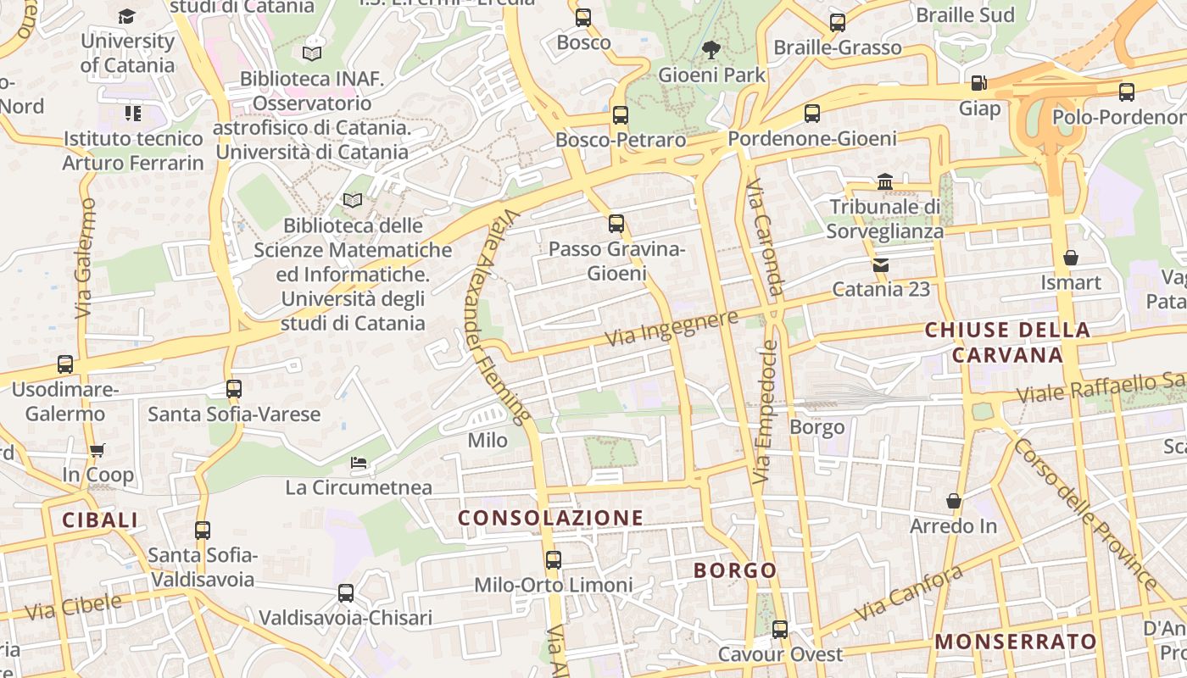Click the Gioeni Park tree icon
711,50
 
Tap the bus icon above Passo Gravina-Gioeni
616,224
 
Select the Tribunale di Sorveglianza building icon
885,181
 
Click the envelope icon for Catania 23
881,265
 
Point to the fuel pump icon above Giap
978,83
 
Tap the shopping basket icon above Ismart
1071,258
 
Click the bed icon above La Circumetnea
359,463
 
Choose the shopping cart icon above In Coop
98,450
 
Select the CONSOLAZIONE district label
551,518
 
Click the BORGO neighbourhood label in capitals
735,570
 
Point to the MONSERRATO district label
1016,642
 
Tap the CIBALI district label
99,520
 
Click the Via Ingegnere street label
672,329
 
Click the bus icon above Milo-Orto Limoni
554,560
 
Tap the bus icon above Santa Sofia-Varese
234,389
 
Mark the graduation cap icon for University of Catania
127,16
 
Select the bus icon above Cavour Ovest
780,630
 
